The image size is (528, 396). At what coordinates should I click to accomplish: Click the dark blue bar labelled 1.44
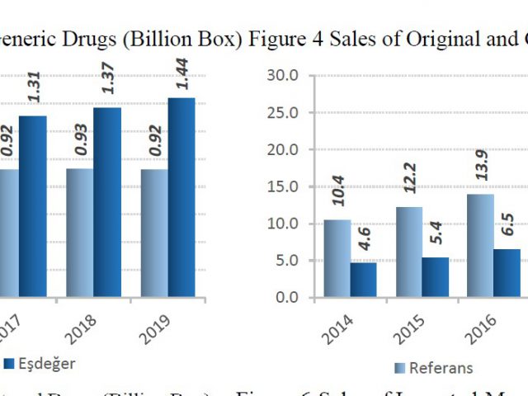pyautogui.click(x=181, y=198)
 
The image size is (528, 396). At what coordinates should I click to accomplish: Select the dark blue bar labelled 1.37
pyautogui.click(x=107, y=202)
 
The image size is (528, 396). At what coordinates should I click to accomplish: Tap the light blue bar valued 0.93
pyautogui.click(x=80, y=233)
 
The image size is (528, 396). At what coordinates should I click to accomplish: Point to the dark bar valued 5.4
pyautogui.click(x=436, y=277)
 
